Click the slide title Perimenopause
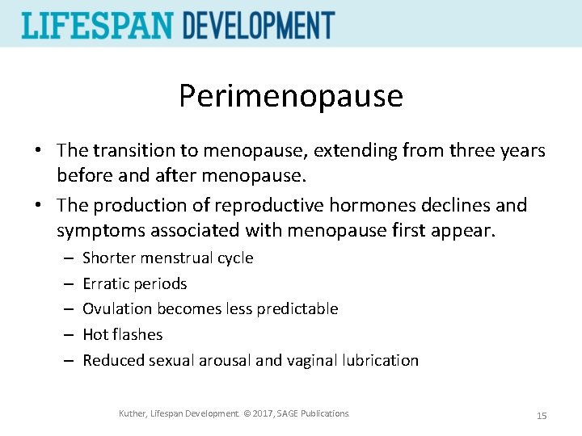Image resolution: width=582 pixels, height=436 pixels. (290, 96)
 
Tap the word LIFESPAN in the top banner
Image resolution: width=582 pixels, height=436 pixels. (97, 25)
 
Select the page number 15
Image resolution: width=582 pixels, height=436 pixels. (542, 415)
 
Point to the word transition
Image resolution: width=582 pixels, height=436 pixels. (133, 150)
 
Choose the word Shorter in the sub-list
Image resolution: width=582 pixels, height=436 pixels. (109, 258)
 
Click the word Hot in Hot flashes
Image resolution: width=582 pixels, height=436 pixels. (95, 334)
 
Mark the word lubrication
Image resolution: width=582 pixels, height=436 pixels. (379, 360)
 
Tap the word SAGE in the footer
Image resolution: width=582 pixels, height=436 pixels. (289, 413)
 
